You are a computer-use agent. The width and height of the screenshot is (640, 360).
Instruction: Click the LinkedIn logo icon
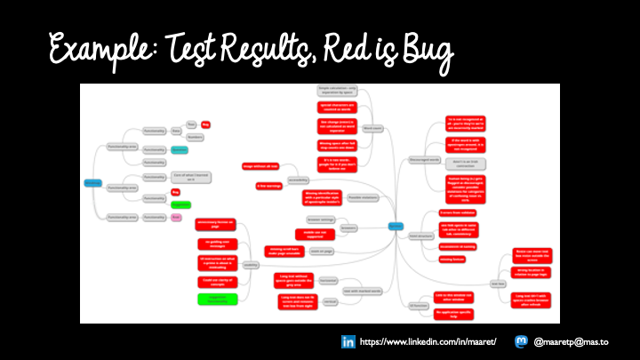point(348,341)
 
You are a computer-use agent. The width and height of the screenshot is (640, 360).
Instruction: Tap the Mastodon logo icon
point(521,341)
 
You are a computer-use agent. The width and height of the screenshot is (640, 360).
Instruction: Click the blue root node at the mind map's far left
point(93,184)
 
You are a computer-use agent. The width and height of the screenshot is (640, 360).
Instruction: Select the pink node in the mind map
point(176,217)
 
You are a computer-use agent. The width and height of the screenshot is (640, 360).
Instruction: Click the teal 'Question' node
point(179,149)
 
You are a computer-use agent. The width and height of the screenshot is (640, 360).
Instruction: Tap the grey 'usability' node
point(251,264)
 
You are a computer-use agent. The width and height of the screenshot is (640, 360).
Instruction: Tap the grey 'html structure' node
point(420,236)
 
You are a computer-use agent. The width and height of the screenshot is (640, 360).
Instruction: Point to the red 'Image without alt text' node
point(260,166)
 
